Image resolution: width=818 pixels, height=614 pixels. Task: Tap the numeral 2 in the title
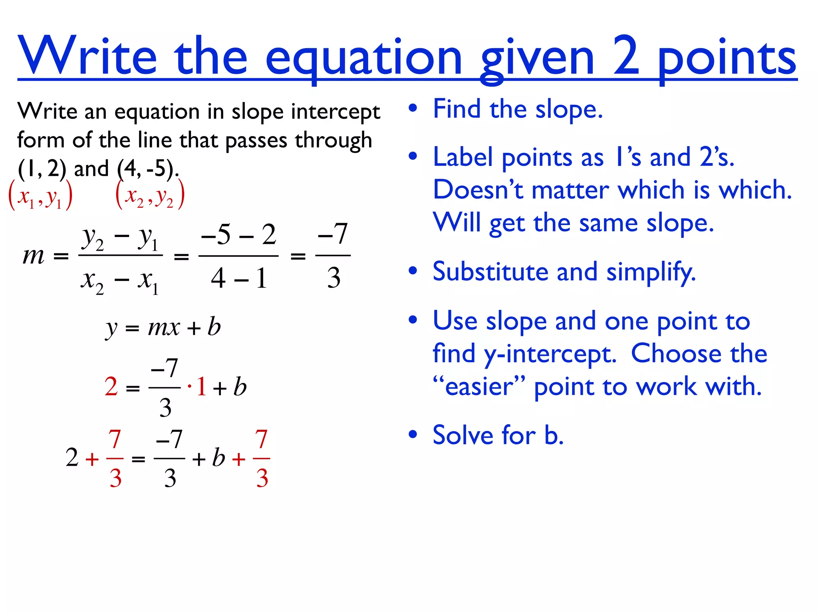(626, 56)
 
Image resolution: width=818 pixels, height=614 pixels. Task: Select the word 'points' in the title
(727, 60)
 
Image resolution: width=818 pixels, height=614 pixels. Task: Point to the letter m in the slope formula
(34, 256)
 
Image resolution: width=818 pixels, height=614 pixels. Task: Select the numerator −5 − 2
(238, 235)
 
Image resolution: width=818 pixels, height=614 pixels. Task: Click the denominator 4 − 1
(238, 278)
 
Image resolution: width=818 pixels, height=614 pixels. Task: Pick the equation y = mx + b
(163, 328)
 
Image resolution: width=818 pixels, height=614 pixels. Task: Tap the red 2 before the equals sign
(111, 387)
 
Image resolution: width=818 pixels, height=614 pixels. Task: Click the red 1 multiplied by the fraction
(201, 387)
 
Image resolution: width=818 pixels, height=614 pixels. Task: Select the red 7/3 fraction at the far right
(262, 458)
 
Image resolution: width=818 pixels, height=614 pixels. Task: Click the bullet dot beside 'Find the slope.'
(413, 108)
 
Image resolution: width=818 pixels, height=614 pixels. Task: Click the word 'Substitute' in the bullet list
(490, 272)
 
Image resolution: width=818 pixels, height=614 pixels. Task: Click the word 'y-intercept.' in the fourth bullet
(550, 354)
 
